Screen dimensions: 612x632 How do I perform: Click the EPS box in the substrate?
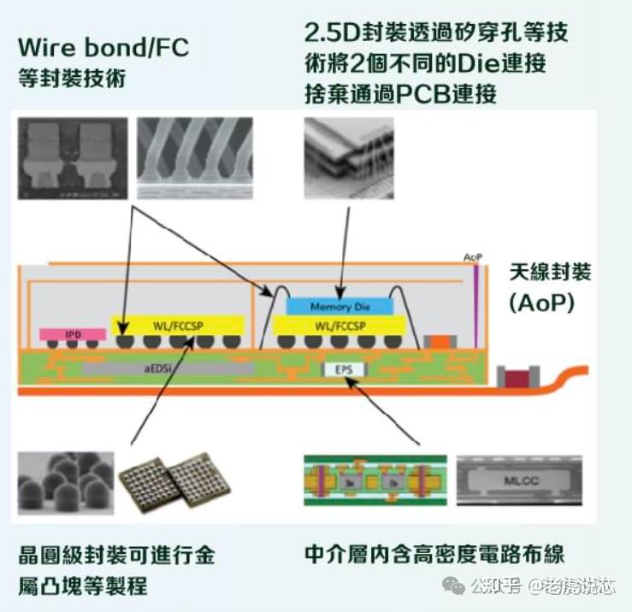coord(342,369)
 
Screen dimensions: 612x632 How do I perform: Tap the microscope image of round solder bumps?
coord(65,482)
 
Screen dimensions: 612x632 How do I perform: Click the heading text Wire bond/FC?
coord(103,46)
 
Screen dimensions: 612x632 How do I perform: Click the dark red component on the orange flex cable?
coord(516,376)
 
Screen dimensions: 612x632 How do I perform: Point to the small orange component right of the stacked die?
coord(437,340)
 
